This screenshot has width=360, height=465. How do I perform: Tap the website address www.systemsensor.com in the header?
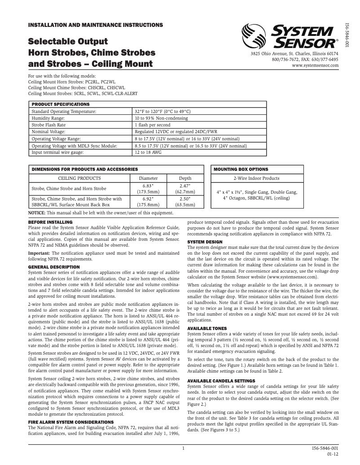[x=315, y=65]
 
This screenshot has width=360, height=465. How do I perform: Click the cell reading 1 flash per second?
[x=153, y=125]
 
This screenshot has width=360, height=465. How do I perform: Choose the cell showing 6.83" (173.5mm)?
[x=150, y=188]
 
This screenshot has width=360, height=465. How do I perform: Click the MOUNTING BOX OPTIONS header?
[x=241, y=169]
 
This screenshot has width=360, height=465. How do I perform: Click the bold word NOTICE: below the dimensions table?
[x=37, y=213]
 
